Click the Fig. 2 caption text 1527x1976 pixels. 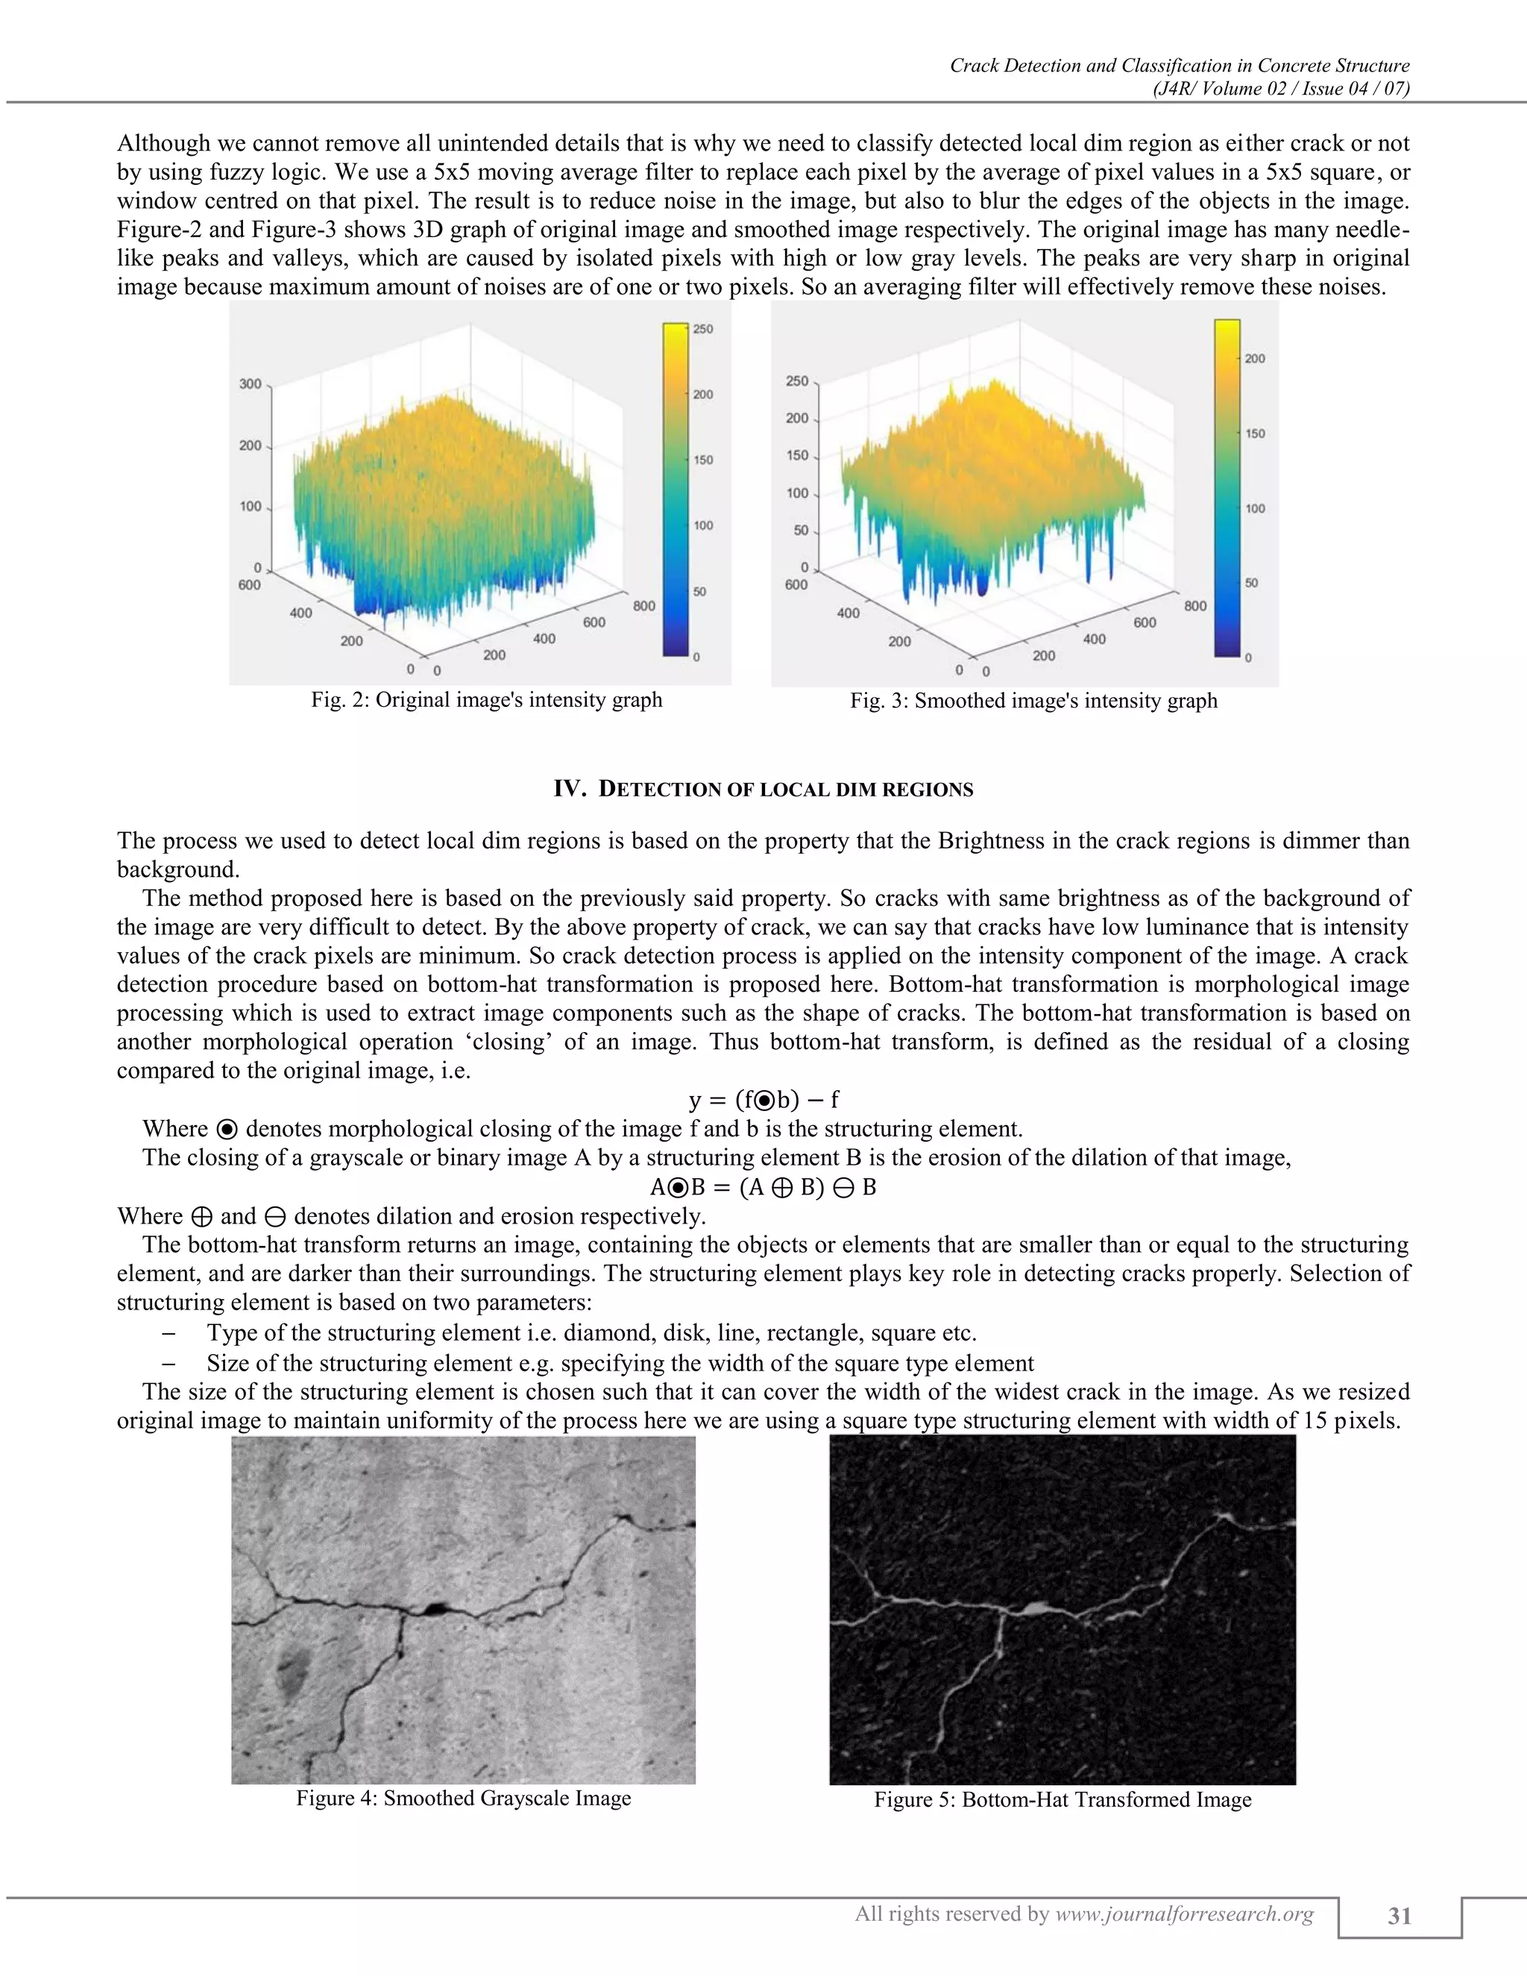pyautogui.click(x=487, y=699)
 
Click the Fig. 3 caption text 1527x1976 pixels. pyautogui.click(x=1033, y=700)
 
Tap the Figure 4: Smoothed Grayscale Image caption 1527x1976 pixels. pyautogui.click(x=463, y=1798)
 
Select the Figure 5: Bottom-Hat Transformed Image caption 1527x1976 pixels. pyautogui.click(x=1062, y=1799)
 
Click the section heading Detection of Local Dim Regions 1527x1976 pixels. pyautogui.click(x=763, y=789)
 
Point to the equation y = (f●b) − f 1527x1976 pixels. pyautogui.click(x=763, y=1099)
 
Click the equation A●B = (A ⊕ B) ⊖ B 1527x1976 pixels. pyautogui.click(x=763, y=1187)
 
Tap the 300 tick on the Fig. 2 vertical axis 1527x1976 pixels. pyautogui.click(x=250, y=383)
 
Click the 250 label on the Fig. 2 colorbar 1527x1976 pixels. pyautogui.click(x=703, y=330)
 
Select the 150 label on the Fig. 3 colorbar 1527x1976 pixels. pyautogui.click(x=1255, y=433)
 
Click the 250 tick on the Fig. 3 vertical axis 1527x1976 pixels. pyautogui.click(x=797, y=381)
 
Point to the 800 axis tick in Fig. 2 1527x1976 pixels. pyautogui.click(x=644, y=605)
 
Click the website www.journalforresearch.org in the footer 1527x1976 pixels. pyautogui.click(x=1184, y=1913)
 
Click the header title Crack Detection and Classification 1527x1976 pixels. pyautogui.click(x=1179, y=65)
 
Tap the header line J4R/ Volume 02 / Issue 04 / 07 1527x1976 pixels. pyautogui.click(x=1281, y=89)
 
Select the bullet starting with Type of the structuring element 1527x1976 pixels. pyautogui.click(x=591, y=1332)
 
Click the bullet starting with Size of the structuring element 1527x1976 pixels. pyautogui.click(x=620, y=1362)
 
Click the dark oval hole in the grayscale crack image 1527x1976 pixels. pyautogui.click(x=436, y=1608)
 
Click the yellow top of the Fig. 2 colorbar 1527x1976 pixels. pyautogui.click(x=675, y=331)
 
